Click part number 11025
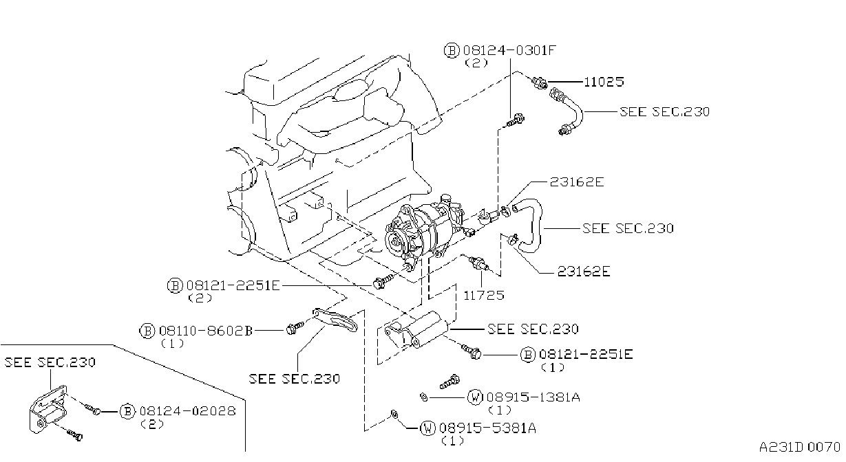pos(604,82)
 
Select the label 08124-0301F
pos(509,50)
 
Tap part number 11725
pos(484,295)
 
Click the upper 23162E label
pos(577,182)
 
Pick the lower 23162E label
pos(584,271)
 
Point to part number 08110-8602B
pos(206,331)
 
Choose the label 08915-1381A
pos(533,397)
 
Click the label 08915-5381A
pos(487,428)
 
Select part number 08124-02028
pos(188,410)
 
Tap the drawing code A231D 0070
pos(800,448)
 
